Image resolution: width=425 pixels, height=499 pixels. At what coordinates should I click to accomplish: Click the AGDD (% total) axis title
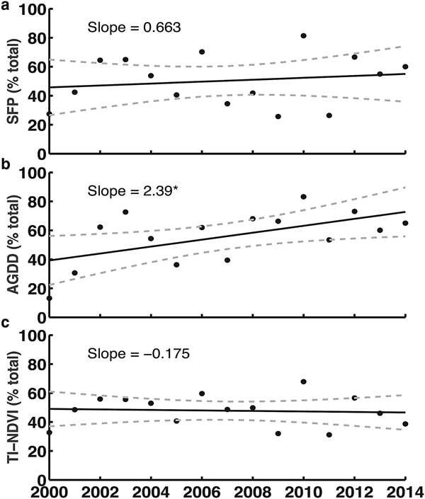[11, 241]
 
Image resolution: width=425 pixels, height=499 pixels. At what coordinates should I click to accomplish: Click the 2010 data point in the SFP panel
[303, 35]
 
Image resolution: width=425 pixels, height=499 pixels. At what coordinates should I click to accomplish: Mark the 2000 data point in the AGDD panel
[50, 298]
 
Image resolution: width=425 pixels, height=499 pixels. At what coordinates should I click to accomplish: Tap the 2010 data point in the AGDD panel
[303, 197]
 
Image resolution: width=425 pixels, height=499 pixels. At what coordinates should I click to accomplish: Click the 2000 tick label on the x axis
[50, 489]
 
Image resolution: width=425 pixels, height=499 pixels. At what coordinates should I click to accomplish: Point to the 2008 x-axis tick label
[252, 489]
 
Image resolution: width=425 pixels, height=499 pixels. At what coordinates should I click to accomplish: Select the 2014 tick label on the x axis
[404, 489]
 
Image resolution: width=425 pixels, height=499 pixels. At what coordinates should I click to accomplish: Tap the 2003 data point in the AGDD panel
[125, 212]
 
